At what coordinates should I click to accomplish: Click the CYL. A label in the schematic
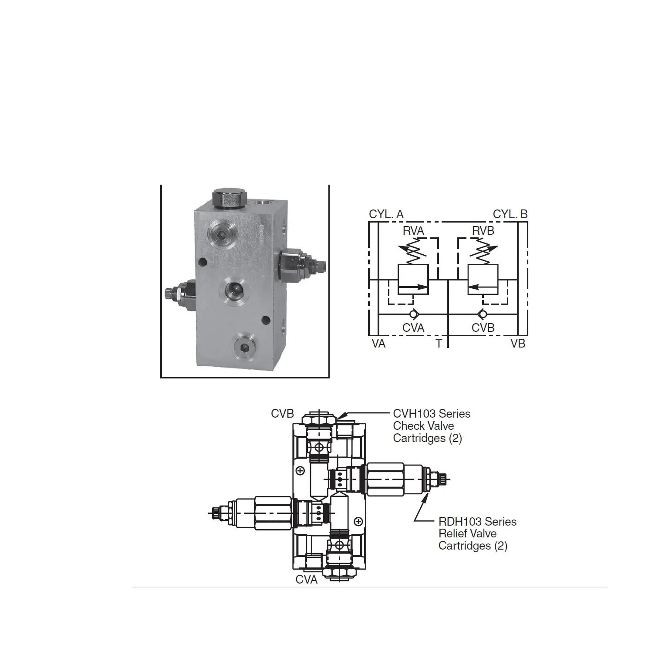(x=386, y=214)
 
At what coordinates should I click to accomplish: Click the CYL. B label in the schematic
(x=510, y=214)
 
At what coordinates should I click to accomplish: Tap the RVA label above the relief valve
(x=413, y=231)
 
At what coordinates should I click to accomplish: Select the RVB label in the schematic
(x=483, y=231)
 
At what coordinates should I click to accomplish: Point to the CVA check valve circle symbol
(x=413, y=314)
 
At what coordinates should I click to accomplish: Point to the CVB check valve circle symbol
(x=483, y=314)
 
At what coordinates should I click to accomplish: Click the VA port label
(x=378, y=344)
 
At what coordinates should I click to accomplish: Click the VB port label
(x=518, y=344)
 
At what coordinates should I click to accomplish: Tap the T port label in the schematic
(x=439, y=344)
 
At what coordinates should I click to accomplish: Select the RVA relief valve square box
(x=413, y=279)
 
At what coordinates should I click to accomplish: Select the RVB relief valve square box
(x=483, y=279)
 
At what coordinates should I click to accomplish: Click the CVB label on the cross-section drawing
(x=282, y=413)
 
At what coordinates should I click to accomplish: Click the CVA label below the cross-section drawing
(x=307, y=580)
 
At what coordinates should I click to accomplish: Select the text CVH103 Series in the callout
(x=432, y=413)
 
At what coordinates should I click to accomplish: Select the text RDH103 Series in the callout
(x=477, y=521)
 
